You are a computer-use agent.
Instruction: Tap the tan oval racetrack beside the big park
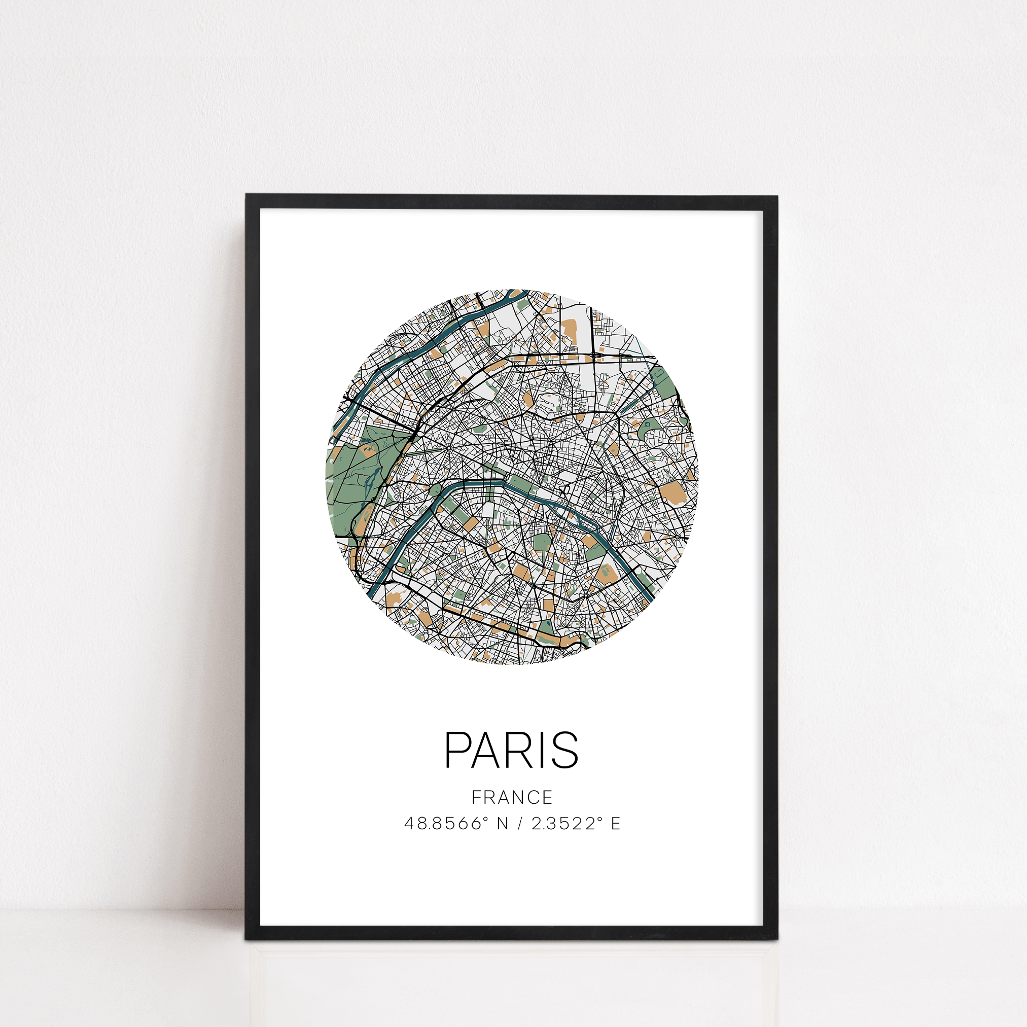pyautogui.click(x=367, y=452)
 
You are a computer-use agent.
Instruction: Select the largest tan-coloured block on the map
pyautogui.click(x=675, y=493)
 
